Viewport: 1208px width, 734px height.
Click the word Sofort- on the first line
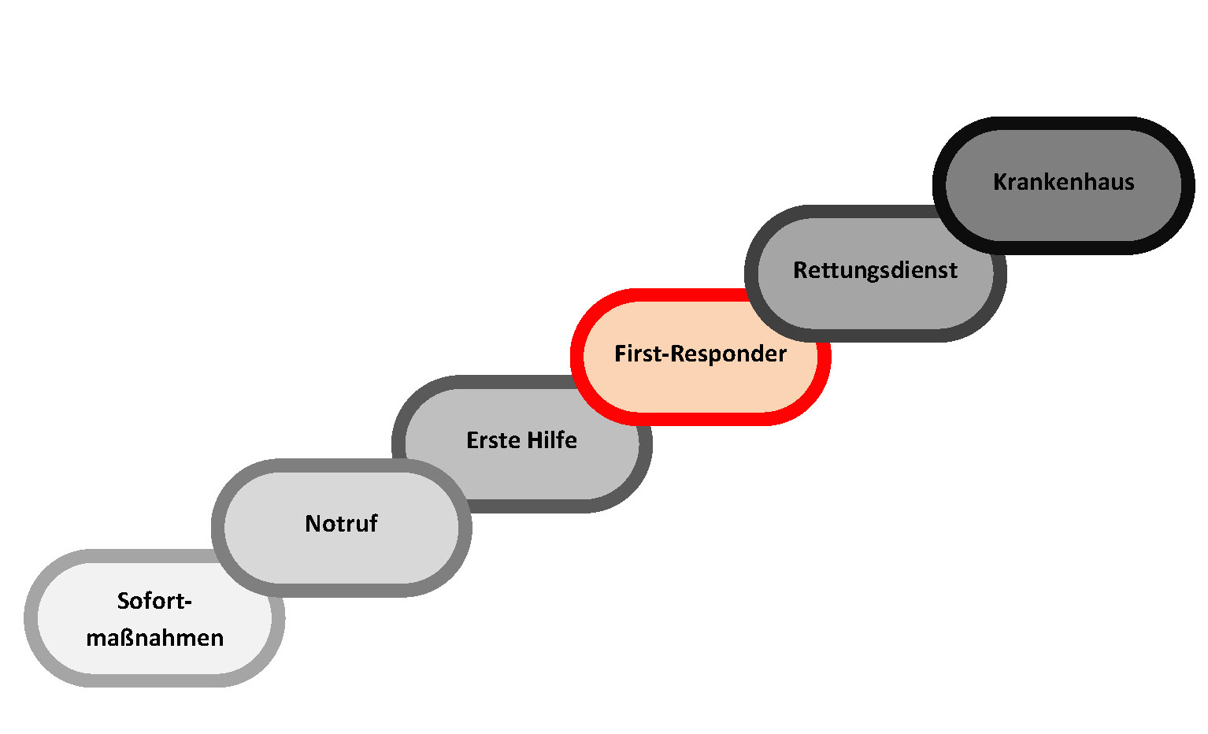154,601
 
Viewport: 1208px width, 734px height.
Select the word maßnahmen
154,637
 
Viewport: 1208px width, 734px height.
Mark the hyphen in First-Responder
666,356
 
